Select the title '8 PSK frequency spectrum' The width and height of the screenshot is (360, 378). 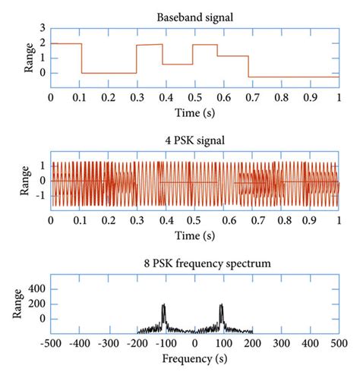194,263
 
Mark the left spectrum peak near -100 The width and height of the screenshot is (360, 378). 163,306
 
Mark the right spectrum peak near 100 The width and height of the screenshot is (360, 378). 222,306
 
